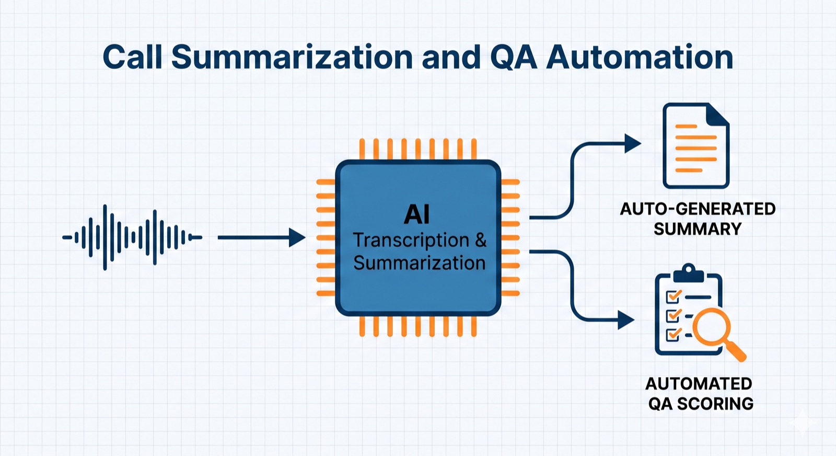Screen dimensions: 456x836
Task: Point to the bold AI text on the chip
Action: (x=417, y=214)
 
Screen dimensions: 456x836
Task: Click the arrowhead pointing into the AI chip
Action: (x=298, y=237)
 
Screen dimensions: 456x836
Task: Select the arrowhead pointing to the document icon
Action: (x=633, y=143)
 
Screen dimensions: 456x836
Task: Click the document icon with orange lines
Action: (x=695, y=146)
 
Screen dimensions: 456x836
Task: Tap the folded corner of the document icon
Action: (x=718, y=114)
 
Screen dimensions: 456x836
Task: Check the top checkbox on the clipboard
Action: (x=673, y=297)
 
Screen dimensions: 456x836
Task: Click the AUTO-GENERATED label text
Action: (x=697, y=209)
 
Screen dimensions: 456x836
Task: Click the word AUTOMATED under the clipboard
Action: (x=698, y=383)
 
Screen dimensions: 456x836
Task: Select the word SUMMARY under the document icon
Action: (x=697, y=229)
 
